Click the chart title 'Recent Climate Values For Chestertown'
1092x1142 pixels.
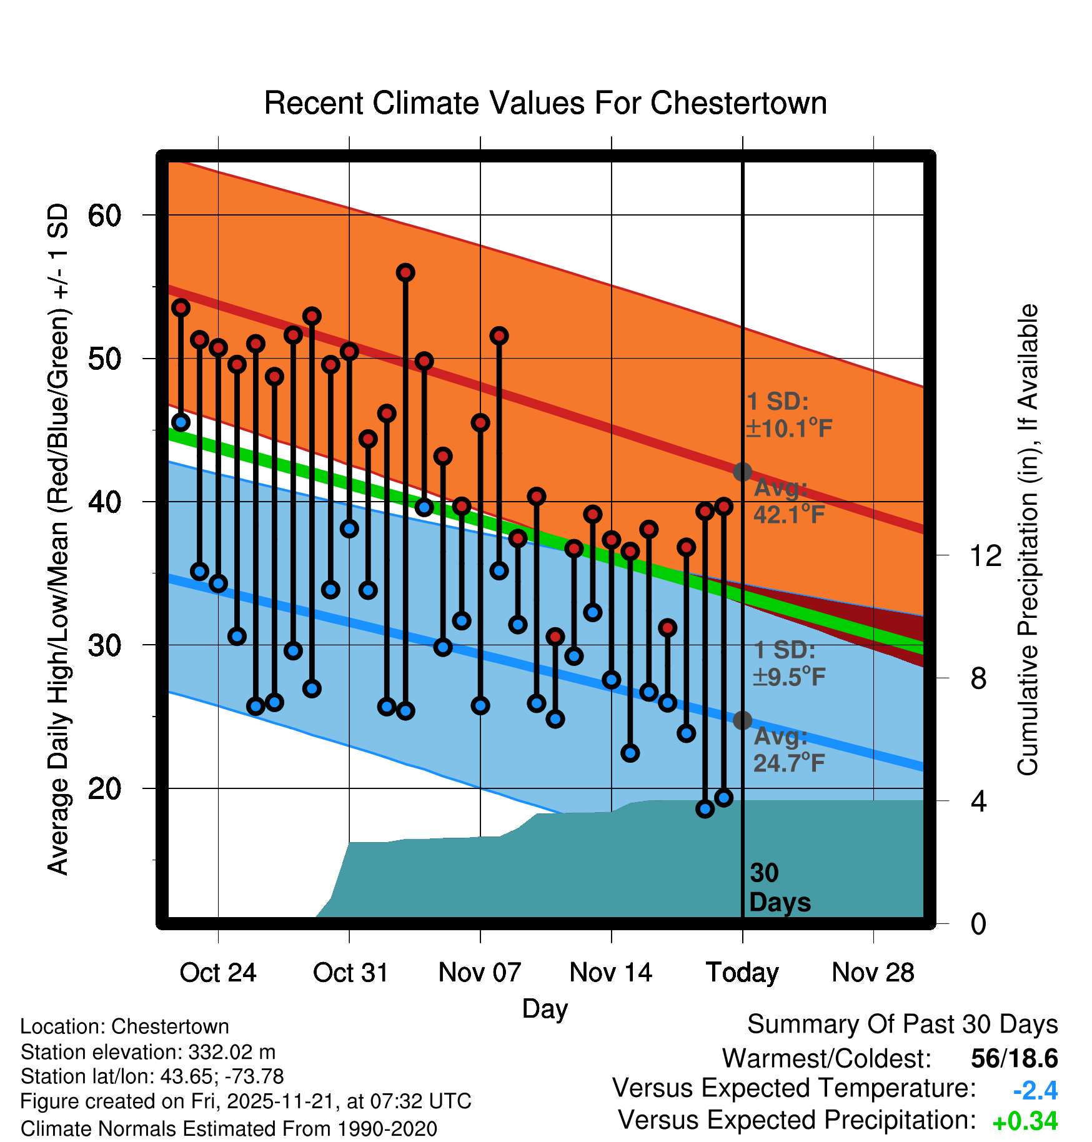[x=545, y=103]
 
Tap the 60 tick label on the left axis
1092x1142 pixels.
[x=104, y=216]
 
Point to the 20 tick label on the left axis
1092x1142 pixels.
[x=104, y=788]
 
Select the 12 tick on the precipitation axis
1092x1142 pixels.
[x=986, y=555]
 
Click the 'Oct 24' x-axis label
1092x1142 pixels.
[x=217, y=973]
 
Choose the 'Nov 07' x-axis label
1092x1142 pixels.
[x=480, y=973]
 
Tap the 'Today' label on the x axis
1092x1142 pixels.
[x=742, y=973]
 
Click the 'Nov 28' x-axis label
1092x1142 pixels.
[x=873, y=973]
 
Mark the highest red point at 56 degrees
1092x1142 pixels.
[x=405, y=272]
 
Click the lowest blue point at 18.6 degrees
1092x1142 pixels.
[x=705, y=809]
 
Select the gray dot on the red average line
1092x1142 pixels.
[x=742, y=472]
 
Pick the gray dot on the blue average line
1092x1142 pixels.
[x=742, y=720]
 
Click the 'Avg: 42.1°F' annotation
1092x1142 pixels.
[x=788, y=502]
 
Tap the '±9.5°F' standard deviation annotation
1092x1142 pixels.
[x=789, y=677]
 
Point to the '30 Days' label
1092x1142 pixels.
[x=778, y=888]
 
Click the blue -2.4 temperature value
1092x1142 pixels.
[x=1035, y=1091]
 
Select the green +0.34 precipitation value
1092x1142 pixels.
[x=1025, y=1121]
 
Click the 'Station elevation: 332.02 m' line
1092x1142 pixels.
[x=148, y=1052]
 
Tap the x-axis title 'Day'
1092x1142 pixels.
[x=545, y=1009]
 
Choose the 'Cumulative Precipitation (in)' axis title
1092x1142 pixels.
[x=1028, y=540]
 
